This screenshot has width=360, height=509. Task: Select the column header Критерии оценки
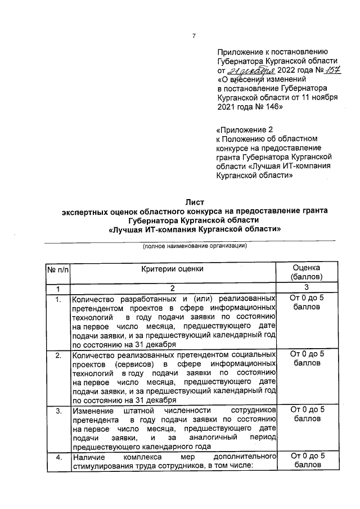click(x=173, y=269)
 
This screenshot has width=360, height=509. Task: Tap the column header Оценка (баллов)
click(x=307, y=273)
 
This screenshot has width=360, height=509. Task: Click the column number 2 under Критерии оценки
click(x=173, y=288)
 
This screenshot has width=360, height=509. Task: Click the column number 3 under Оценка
click(x=307, y=288)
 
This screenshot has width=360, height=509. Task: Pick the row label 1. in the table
click(x=57, y=299)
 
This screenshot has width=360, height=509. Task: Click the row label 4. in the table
click(x=57, y=456)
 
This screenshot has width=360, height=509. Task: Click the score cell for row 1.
click(x=307, y=303)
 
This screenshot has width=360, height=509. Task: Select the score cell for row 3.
click(x=307, y=415)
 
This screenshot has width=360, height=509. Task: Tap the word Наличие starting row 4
click(x=89, y=456)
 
